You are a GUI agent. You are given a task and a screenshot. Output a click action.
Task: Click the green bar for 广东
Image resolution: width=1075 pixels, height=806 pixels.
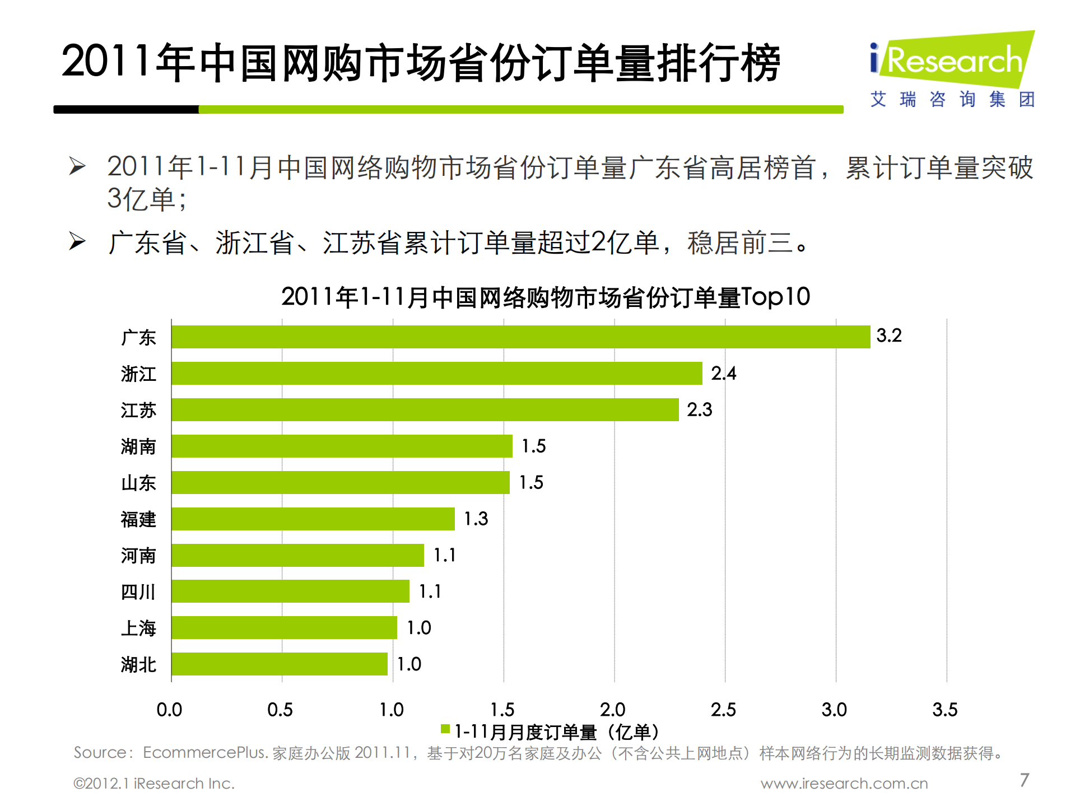coord(520,337)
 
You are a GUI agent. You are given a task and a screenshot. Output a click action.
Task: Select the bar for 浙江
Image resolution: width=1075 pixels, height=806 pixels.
coord(436,373)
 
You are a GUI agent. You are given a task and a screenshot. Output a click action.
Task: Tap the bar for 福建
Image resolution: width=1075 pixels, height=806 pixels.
coord(313,519)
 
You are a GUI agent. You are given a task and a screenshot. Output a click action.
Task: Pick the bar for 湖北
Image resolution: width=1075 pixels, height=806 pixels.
coord(279,664)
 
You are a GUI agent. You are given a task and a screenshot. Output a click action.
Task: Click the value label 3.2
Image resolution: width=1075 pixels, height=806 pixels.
coord(888,336)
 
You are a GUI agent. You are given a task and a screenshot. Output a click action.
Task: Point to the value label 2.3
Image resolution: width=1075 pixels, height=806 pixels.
coord(699,409)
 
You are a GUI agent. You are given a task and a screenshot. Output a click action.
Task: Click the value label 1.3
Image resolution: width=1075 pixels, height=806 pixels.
coord(476,519)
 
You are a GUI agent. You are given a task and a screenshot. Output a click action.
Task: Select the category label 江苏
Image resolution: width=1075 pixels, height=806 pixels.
coord(138,410)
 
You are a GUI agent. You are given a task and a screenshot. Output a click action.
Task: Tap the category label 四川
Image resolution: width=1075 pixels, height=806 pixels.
coord(138,591)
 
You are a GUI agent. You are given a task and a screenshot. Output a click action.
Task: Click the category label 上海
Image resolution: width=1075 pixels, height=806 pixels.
coord(138,628)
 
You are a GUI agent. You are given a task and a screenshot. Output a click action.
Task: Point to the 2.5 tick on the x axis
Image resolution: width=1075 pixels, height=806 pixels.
coord(723,710)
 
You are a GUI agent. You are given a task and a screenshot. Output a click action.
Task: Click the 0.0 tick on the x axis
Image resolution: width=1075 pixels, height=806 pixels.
coord(169,710)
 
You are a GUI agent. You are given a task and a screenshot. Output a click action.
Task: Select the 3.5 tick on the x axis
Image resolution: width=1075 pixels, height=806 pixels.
coord(944,710)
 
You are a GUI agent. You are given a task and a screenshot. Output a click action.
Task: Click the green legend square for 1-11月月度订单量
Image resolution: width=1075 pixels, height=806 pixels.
coord(445,729)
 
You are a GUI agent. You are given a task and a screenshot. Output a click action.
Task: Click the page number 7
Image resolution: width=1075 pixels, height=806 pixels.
coord(1024,780)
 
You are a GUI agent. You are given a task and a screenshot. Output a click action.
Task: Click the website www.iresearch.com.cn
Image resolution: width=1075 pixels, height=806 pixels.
coord(844,783)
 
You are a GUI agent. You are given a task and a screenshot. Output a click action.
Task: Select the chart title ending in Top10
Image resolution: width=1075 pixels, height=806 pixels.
coord(545,297)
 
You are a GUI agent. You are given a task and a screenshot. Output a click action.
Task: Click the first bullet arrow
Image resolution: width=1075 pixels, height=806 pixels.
coord(77,166)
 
